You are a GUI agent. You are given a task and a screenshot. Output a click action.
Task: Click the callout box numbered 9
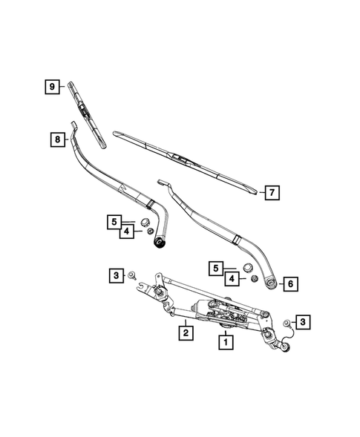pos(53,88)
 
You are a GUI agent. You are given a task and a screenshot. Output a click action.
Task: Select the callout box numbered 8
pos(56,138)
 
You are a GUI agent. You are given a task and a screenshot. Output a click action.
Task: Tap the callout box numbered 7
pos(272,193)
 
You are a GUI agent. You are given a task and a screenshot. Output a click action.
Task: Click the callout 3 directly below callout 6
pos(303,321)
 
